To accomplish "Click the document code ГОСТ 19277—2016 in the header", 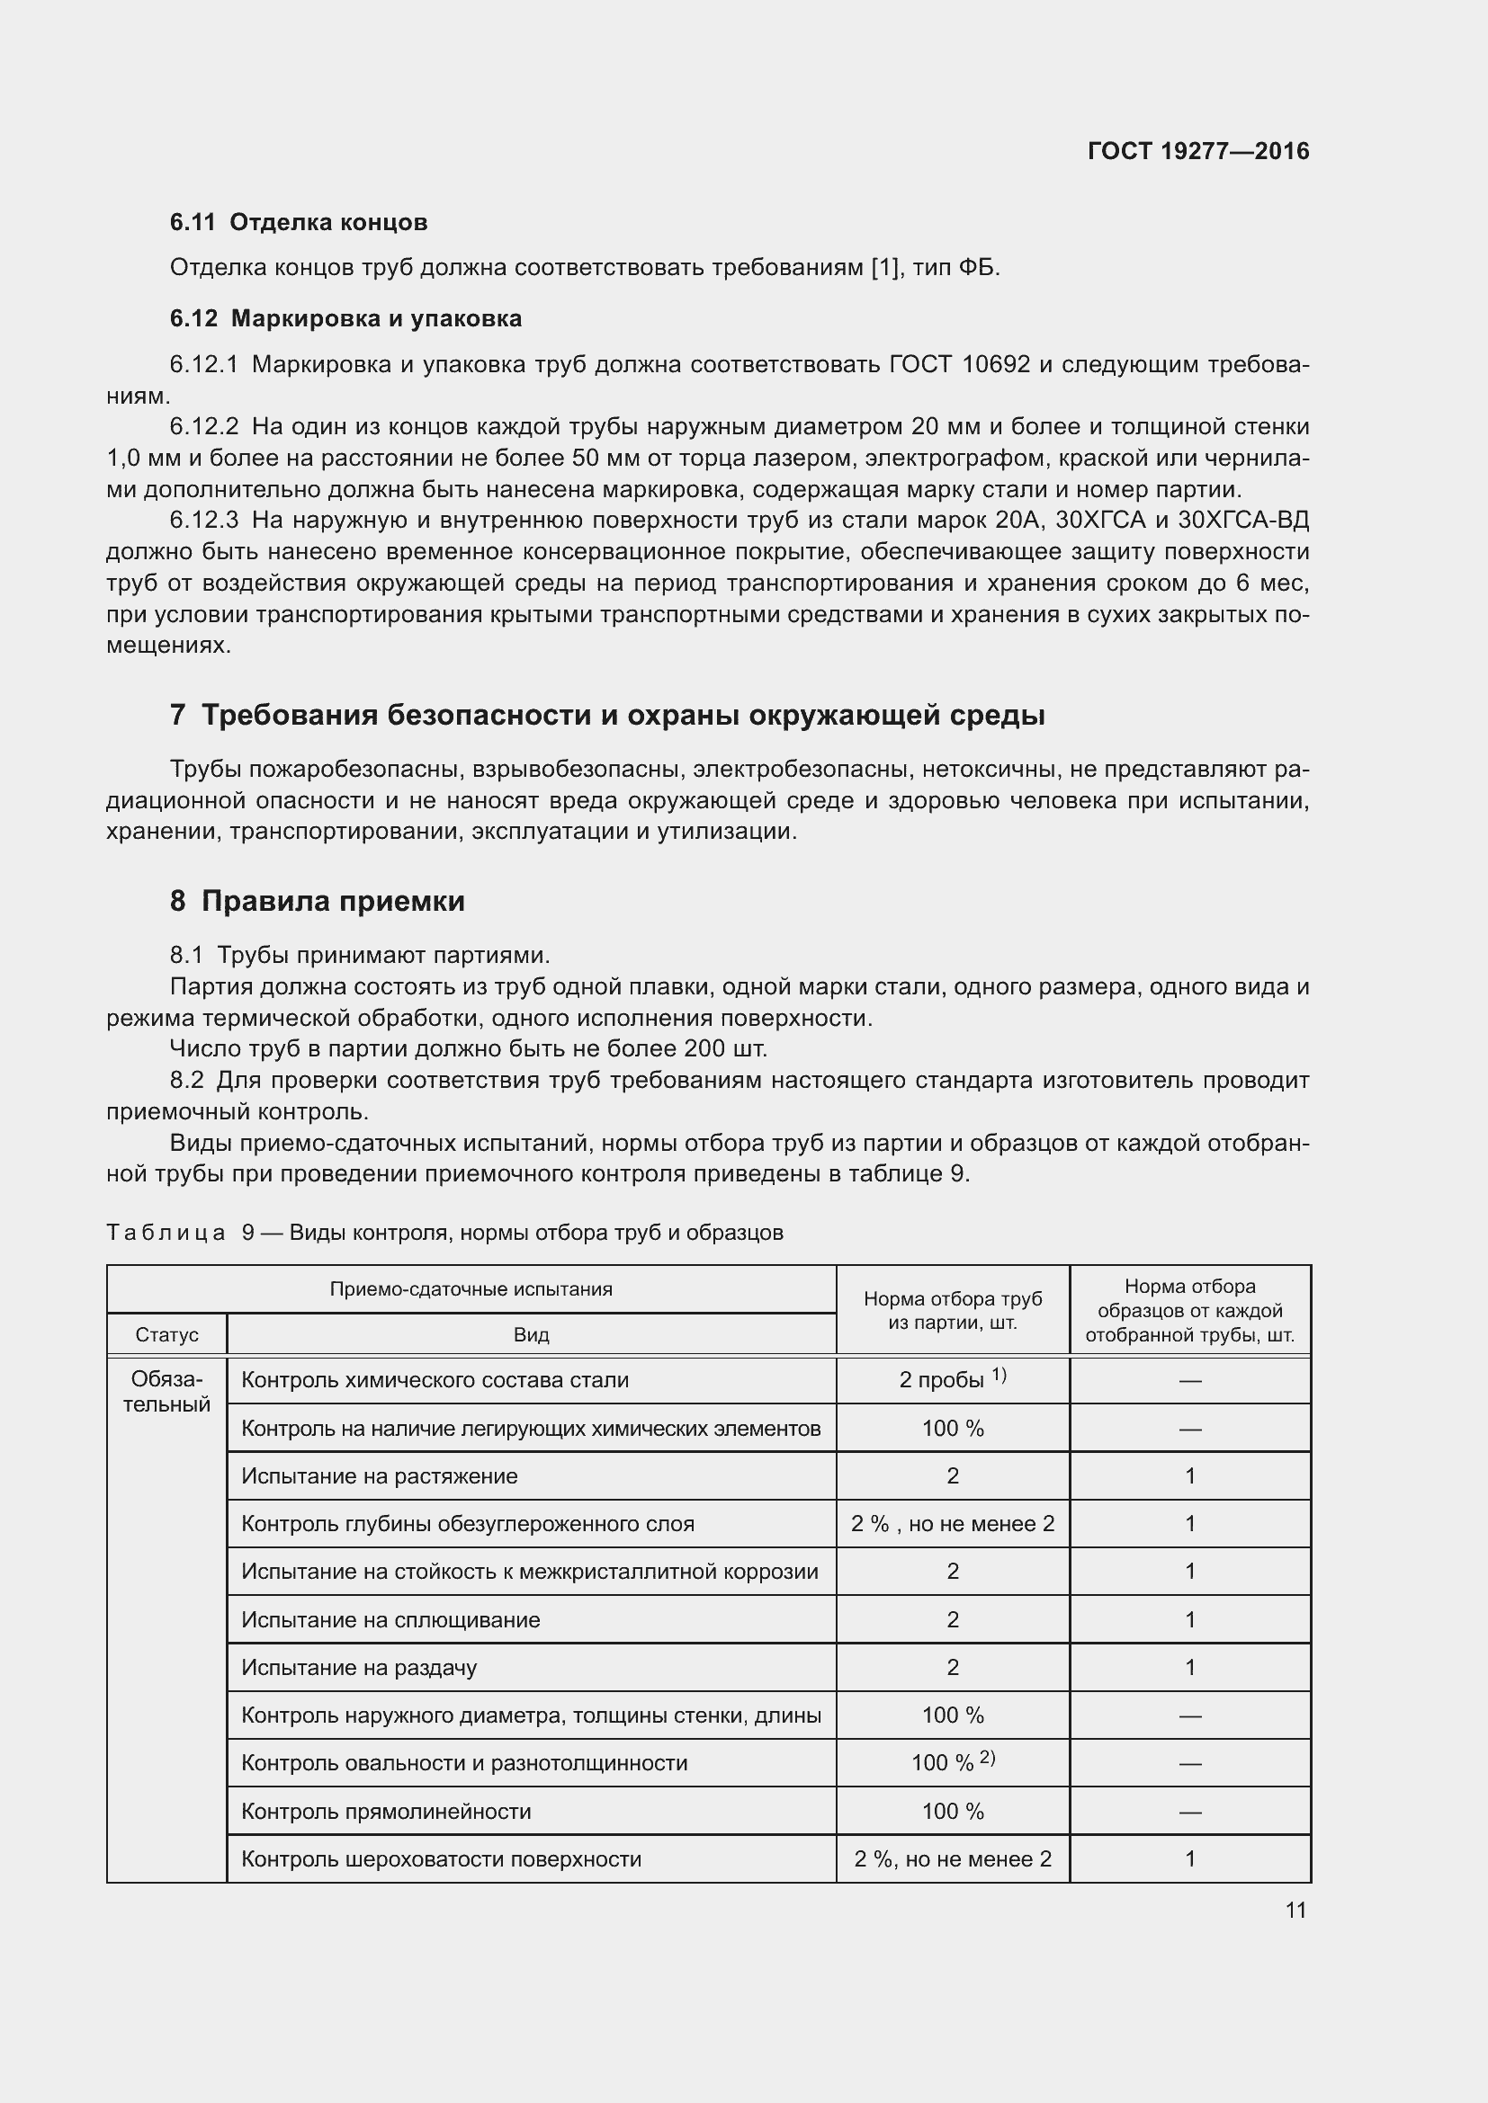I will tap(1197, 151).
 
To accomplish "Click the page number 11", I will tap(1295, 1910).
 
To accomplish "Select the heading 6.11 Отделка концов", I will tap(299, 223).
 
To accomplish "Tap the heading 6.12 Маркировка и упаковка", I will tap(345, 319).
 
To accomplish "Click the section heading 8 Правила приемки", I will tap(317, 901).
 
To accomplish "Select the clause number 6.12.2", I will tap(203, 427).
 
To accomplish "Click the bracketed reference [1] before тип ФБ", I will tap(884, 268).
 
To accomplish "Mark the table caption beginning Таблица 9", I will tap(444, 1233).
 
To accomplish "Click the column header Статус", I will tap(166, 1334).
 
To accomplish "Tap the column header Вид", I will tap(531, 1334).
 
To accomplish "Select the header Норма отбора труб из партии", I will tap(952, 1311).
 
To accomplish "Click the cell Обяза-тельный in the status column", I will tap(166, 1392).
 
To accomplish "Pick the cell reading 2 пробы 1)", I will tap(952, 1380).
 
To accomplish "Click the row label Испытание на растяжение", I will tap(380, 1475).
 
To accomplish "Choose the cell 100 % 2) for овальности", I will tap(952, 1762).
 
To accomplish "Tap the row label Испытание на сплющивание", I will tap(390, 1619).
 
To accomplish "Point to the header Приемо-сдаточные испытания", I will tap(471, 1289).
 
